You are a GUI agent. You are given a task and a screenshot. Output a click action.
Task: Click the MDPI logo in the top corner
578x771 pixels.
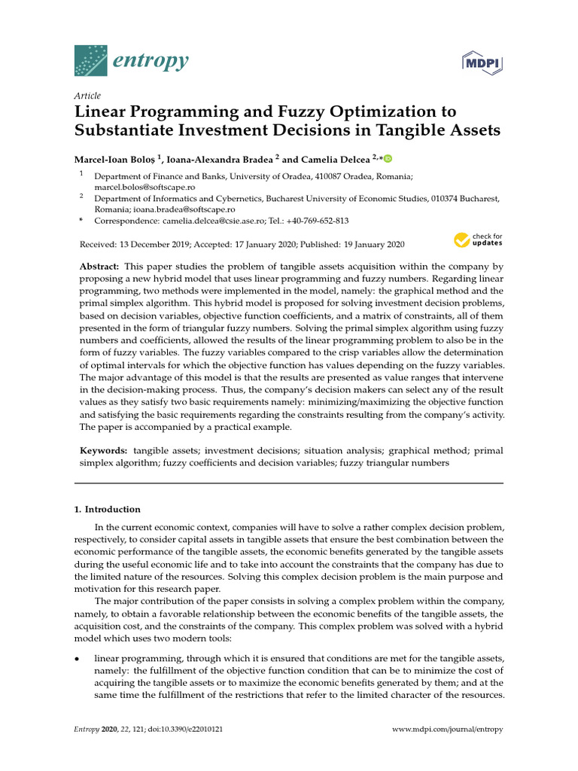[482, 62]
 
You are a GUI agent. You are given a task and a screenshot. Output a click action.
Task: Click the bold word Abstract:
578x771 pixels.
[99, 267]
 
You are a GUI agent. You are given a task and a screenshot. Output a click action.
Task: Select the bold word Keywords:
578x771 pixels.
[104, 450]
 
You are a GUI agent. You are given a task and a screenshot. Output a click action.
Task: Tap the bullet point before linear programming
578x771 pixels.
[78, 659]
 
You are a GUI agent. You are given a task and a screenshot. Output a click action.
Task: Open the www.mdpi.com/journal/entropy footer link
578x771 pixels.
[449, 730]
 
